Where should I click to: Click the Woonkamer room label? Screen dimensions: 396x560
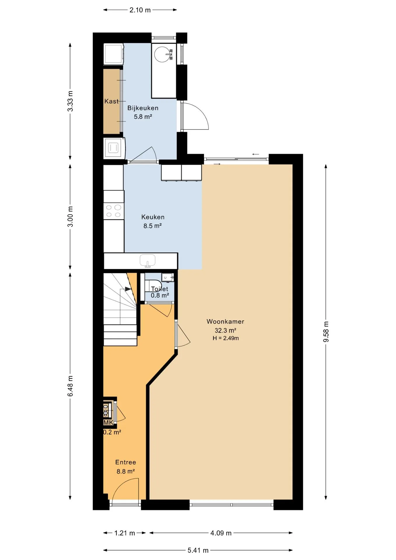click(225, 321)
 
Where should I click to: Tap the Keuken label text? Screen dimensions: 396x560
click(153, 217)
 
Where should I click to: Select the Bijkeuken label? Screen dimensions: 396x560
click(143, 108)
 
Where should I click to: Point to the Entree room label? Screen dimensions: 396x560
click(126, 462)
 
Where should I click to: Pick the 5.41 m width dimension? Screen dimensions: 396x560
click(198, 550)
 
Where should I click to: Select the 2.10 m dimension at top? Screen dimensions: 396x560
click(140, 10)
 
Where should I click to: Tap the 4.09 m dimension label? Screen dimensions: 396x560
click(221, 533)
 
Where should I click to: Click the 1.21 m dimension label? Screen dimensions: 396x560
click(125, 533)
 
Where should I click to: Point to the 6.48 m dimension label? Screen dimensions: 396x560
click(70, 386)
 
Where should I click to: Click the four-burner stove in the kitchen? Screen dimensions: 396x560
click(114, 211)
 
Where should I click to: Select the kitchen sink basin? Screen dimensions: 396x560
click(148, 260)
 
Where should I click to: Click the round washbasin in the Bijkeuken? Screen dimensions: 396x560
click(162, 54)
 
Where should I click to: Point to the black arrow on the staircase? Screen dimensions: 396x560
click(128, 289)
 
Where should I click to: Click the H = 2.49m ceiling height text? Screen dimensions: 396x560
click(226, 338)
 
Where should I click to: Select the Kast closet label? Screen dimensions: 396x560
click(111, 101)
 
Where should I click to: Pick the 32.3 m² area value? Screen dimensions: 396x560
click(225, 330)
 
